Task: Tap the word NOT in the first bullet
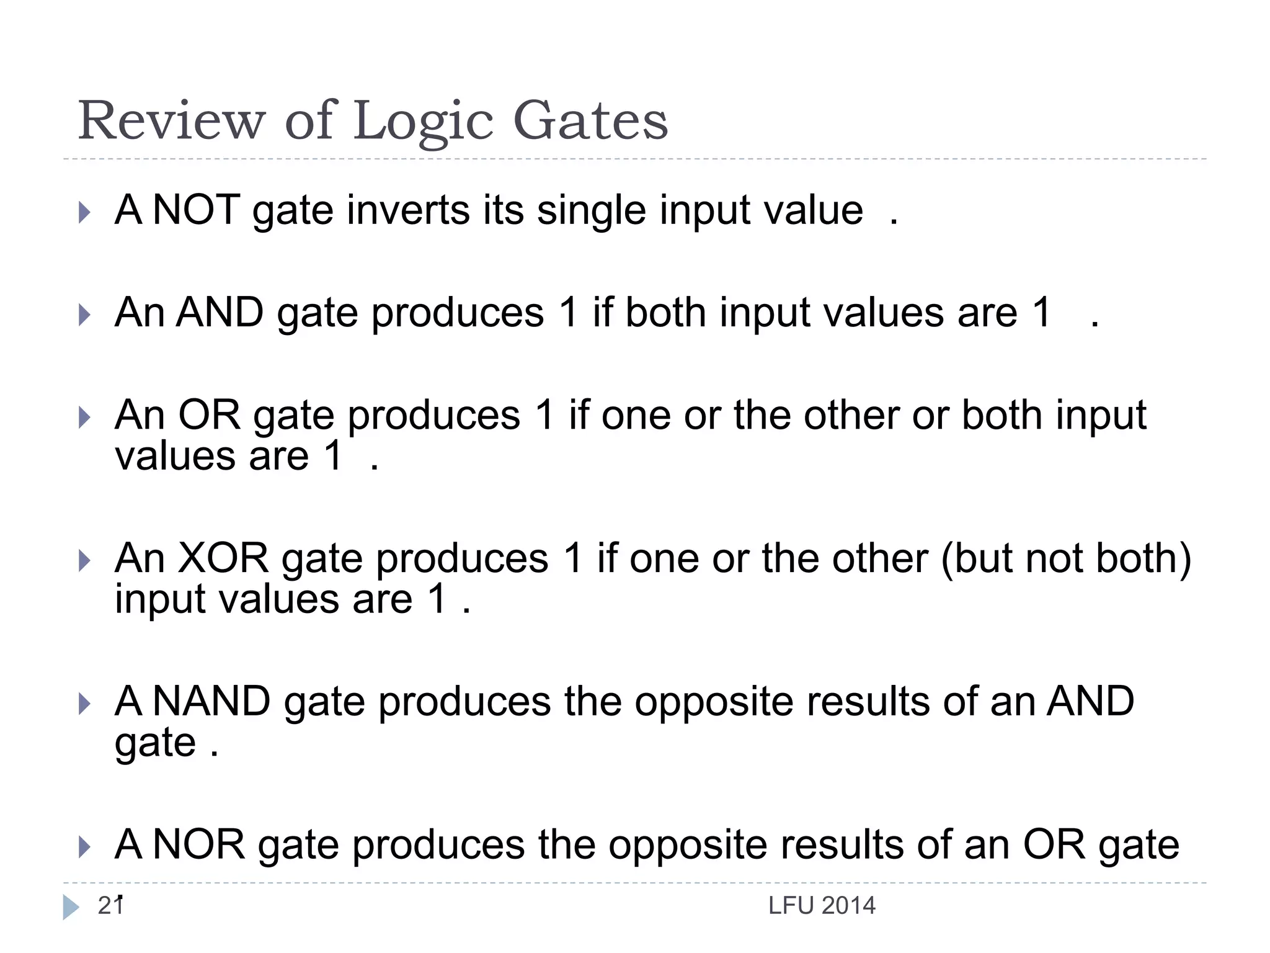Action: (196, 210)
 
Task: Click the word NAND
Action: (211, 701)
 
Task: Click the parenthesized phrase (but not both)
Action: (1066, 558)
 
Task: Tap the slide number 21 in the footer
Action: (110, 906)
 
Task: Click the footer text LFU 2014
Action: (822, 906)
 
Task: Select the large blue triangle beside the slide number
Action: (71, 907)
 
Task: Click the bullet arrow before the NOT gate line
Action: (85, 212)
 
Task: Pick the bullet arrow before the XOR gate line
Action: (85, 561)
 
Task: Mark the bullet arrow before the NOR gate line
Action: (85, 847)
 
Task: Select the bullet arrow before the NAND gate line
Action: (85, 704)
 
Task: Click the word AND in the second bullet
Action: (220, 312)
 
